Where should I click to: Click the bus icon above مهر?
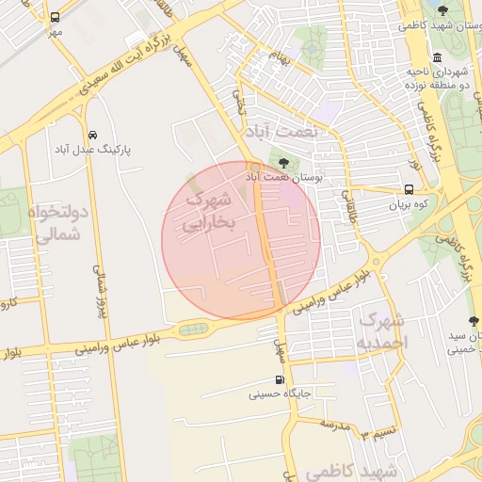click(55, 17)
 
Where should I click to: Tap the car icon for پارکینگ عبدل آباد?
click(91, 135)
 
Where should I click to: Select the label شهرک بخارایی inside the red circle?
click(213, 213)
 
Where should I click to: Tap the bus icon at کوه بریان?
click(410, 189)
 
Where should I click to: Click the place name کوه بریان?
click(410, 204)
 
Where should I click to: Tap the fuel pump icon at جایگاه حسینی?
click(279, 379)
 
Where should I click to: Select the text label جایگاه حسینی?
click(279, 394)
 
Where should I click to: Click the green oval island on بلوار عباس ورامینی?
click(194, 329)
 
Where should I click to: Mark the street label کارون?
click(9, 304)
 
